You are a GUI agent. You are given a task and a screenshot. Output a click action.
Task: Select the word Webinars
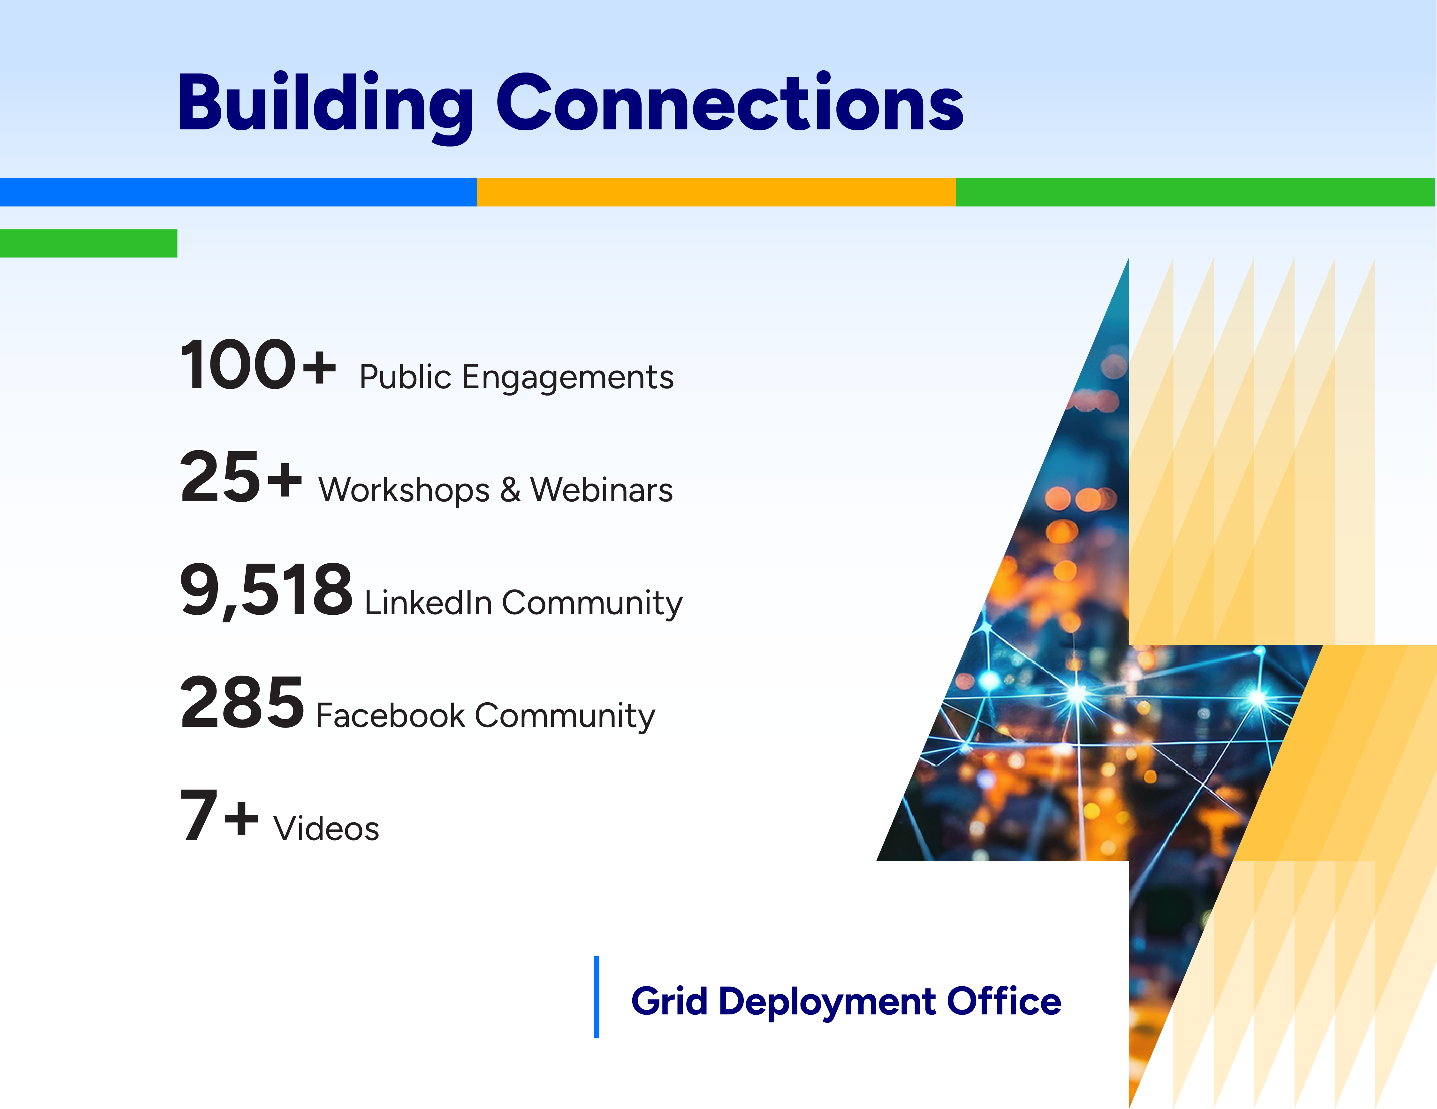601,490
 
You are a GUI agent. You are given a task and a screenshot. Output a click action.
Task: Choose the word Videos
326,828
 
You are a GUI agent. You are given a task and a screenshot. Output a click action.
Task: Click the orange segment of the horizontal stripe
717,192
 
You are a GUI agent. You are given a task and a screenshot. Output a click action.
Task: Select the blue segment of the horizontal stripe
238,192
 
